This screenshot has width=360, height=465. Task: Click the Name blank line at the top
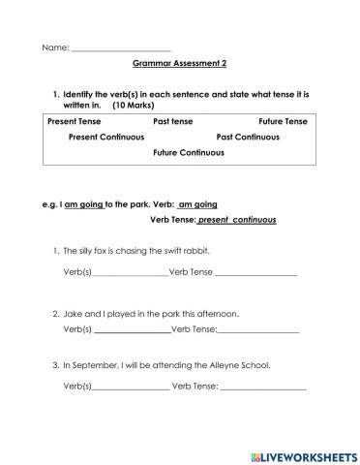(x=120, y=47)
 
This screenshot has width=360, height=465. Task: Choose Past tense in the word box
(x=173, y=121)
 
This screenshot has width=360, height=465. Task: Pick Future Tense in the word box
(x=283, y=121)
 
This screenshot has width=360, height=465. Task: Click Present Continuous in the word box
(x=106, y=137)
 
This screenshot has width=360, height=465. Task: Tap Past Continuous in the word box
(x=248, y=137)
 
